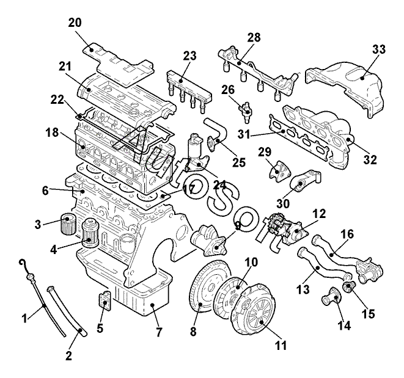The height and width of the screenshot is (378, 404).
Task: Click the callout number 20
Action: (x=75, y=23)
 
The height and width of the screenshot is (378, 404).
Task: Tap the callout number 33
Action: (x=378, y=49)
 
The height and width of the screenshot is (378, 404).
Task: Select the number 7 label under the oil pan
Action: (x=159, y=332)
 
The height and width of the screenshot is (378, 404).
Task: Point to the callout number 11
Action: (x=281, y=345)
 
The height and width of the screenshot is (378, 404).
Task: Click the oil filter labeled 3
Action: (x=68, y=225)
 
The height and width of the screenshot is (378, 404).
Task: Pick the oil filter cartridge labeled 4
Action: (x=90, y=233)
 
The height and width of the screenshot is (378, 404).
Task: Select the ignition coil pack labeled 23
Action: (x=189, y=90)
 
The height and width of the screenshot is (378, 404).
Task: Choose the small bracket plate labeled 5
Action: (x=105, y=302)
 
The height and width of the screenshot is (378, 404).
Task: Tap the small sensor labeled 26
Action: (x=245, y=111)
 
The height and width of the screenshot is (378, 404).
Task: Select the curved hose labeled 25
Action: (x=217, y=134)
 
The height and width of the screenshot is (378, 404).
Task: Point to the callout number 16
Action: (x=347, y=234)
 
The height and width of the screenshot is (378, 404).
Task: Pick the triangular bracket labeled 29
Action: (x=279, y=170)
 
